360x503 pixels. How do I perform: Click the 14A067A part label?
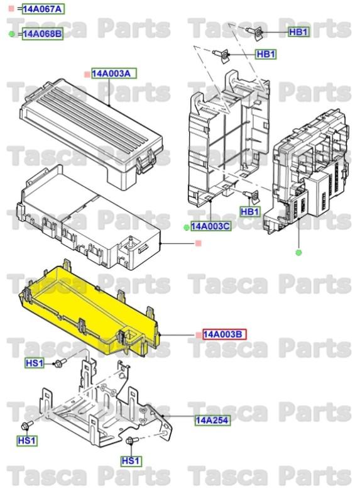click(43, 9)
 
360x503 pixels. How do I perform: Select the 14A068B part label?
click(43, 33)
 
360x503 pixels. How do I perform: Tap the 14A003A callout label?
click(114, 74)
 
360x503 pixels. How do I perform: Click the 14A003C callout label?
click(210, 226)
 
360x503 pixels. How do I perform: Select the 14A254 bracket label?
click(212, 420)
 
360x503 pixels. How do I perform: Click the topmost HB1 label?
click(298, 31)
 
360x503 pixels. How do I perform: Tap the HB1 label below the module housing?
click(250, 212)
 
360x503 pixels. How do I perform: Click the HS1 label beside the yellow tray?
click(34, 363)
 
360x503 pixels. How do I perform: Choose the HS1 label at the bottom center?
click(131, 462)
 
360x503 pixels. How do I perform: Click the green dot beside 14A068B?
click(11, 33)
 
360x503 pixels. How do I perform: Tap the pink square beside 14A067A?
click(11, 9)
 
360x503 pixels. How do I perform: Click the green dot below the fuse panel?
click(298, 253)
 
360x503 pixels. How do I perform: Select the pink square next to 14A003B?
click(198, 335)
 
